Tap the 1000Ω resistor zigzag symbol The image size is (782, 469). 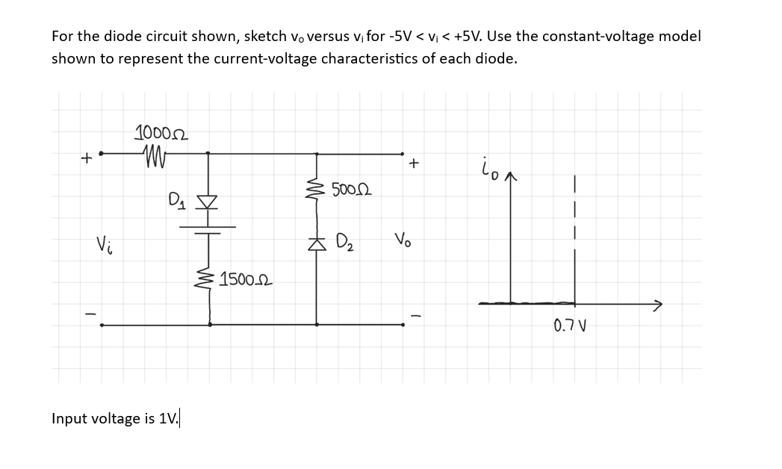[154, 156]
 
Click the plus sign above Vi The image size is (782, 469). [87, 158]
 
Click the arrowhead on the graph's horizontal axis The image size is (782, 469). [657, 304]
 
